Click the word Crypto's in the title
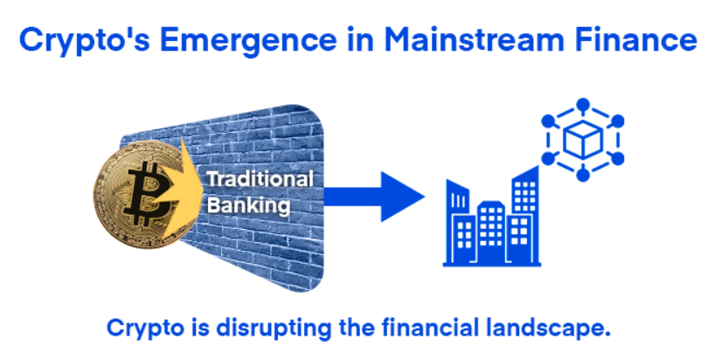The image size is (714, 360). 85,41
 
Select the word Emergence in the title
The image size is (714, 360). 248,41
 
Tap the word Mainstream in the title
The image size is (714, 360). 475,39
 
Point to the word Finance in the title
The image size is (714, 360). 635,39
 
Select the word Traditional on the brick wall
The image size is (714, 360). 260,179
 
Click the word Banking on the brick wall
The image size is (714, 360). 248,205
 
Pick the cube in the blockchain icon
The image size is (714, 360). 582,140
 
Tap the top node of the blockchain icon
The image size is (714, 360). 583,106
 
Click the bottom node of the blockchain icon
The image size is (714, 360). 583,174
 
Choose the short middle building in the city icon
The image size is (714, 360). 491,232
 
